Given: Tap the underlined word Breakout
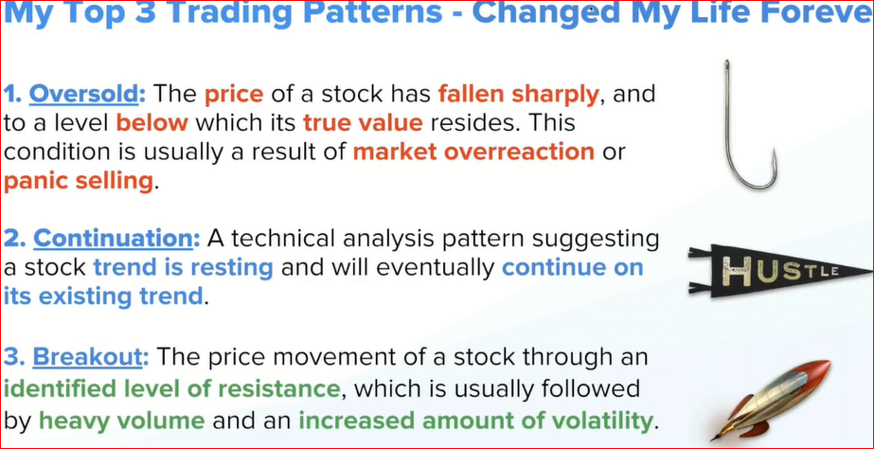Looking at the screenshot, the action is click(x=86, y=357).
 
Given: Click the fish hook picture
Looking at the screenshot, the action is click(x=749, y=124).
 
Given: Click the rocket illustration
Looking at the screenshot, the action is click(x=770, y=400).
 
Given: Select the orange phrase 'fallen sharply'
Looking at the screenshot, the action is click(x=518, y=95).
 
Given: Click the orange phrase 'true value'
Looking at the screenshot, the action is click(x=363, y=123).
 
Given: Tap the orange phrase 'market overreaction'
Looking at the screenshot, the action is click(x=473, y=152).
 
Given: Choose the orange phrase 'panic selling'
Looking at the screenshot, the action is click(x=78, y=181).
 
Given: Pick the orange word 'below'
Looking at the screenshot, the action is click(x=152, y=123).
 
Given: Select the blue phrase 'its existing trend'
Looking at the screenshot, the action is click(x=103, y=296).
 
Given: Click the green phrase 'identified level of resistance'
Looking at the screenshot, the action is click(x=171, y=388).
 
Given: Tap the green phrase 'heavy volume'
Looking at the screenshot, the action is click(x=122, y=420).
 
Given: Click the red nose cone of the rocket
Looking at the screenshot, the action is click(x=818, y=368).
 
